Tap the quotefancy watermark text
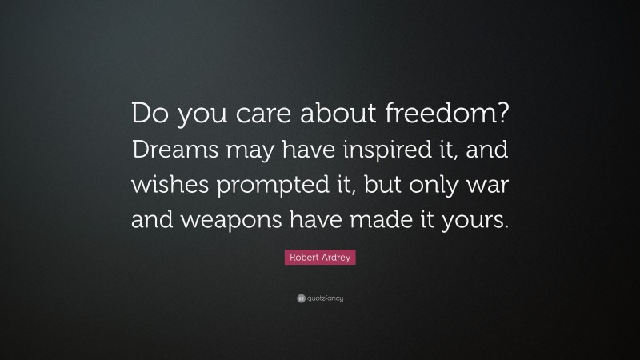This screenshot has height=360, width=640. tap(325, 298)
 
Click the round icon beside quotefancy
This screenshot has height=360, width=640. tap(300, 298)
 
